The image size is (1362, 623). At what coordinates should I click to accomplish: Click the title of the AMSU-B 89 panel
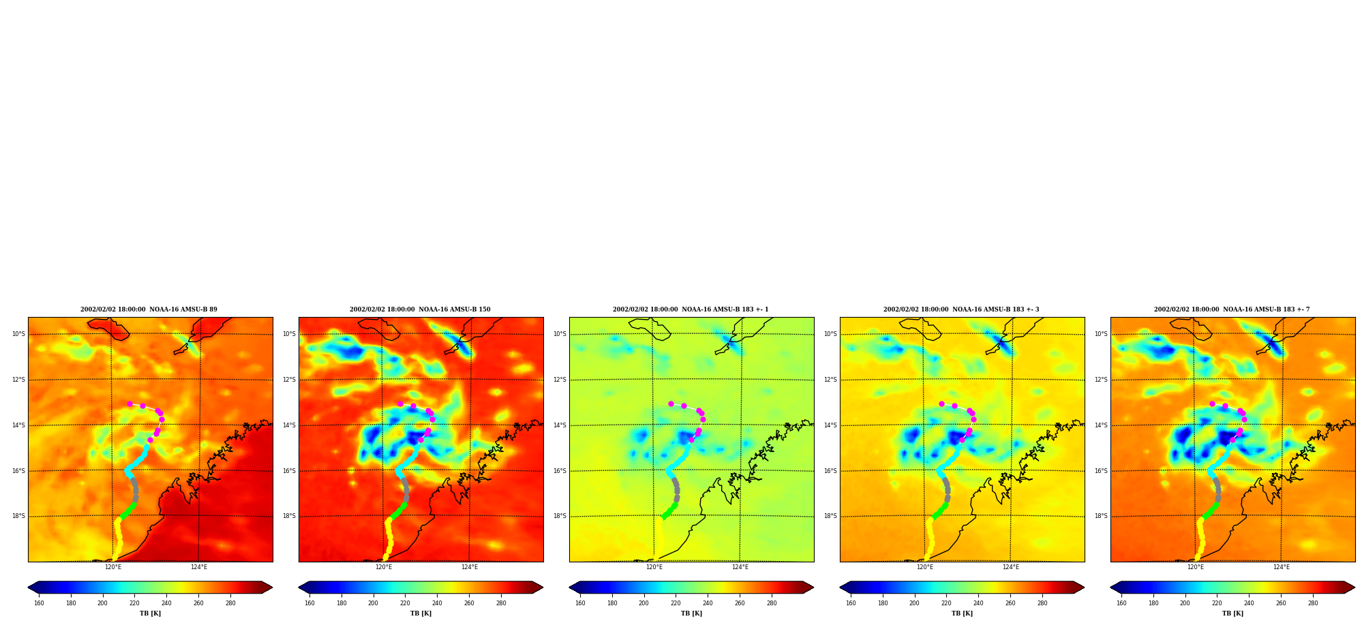(149, 309)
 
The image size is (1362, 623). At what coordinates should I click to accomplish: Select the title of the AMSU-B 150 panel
(420, 309)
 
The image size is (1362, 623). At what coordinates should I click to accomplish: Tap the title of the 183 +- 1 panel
(691, 309)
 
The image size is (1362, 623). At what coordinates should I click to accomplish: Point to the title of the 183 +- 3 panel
(961, 309)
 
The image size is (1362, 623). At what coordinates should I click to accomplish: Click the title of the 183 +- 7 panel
(1232, 309)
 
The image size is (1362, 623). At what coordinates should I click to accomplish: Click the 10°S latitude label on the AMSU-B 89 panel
(18, 334)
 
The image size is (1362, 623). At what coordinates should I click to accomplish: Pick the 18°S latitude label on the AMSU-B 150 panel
(289, 516)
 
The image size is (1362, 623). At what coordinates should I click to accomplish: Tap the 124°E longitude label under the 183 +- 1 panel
(740, 567)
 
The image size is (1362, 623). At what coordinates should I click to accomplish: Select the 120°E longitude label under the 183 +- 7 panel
(1196, 567)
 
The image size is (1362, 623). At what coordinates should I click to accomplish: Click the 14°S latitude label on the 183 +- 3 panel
(830, 425)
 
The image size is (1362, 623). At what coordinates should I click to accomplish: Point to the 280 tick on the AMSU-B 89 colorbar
(230, 603)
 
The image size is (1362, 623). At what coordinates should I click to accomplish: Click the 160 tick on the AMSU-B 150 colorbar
(309, 603)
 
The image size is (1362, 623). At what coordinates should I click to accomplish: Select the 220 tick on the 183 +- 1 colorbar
(676, 603)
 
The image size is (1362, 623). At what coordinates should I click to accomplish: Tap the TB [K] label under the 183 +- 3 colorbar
(962, 613)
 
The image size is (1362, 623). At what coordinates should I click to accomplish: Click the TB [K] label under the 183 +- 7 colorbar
(1232, 613)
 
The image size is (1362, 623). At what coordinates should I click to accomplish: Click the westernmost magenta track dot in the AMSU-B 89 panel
(130, 404)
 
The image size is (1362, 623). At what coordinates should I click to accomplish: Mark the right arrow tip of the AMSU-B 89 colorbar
(273, 588)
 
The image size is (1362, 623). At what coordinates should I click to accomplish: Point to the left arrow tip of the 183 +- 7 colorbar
(1110, 588)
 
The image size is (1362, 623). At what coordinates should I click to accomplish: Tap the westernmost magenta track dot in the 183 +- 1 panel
(671, 404)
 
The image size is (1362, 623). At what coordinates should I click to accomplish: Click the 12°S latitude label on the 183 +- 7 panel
(1101, 380)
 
